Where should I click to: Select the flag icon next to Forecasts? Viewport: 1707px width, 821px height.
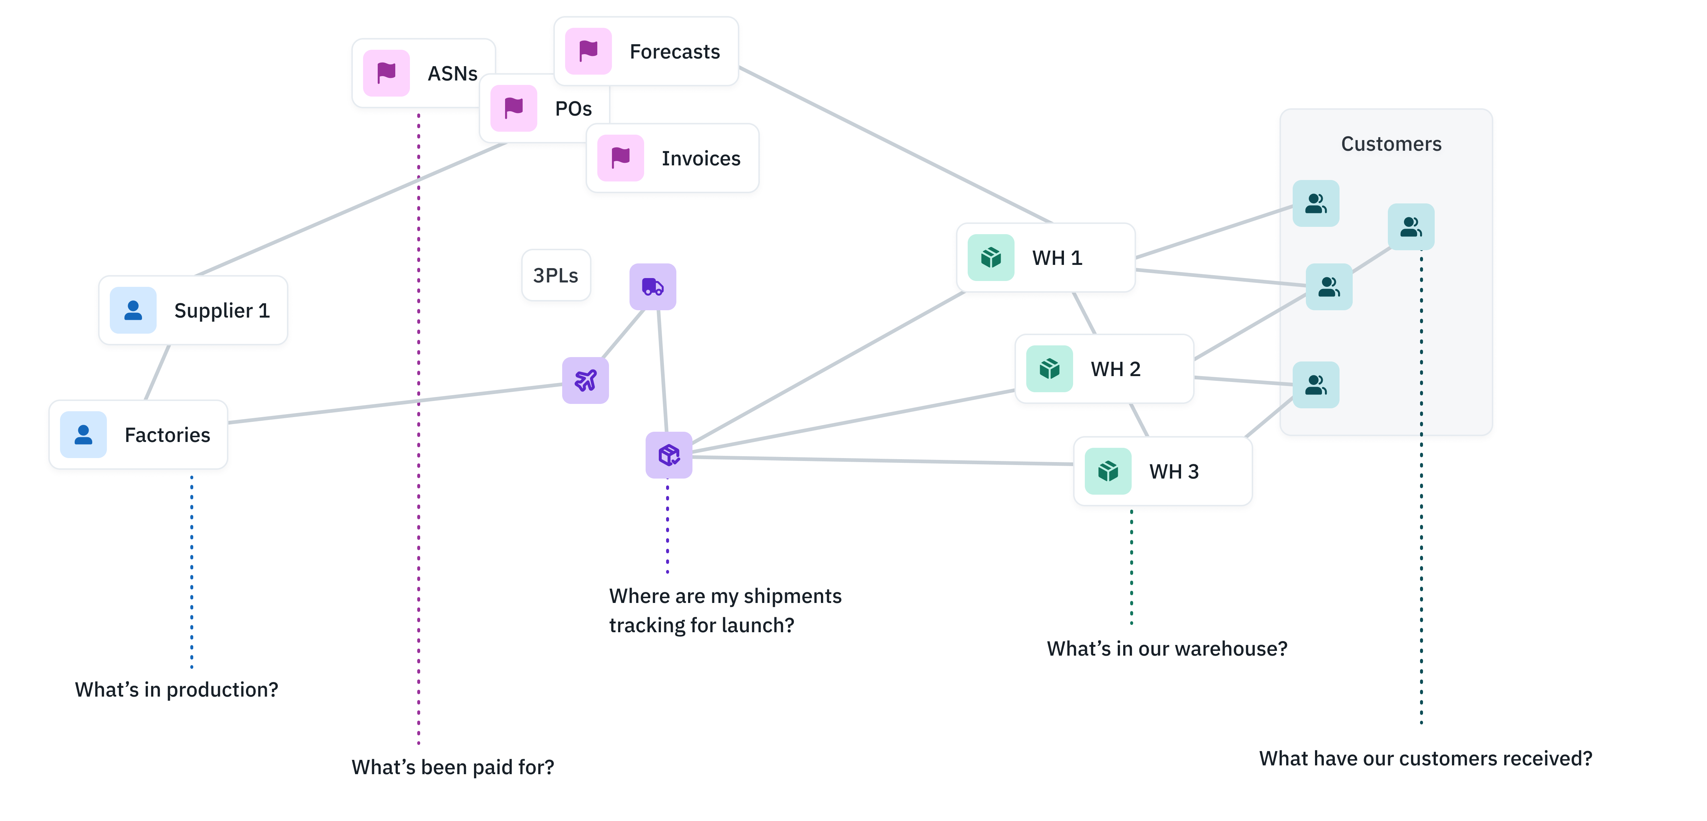(588, 51)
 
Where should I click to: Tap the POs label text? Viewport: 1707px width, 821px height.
(573, 109)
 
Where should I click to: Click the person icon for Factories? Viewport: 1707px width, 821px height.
(83, 435)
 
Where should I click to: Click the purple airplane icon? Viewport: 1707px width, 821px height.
(585, 380)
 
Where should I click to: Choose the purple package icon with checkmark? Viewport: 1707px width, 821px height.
(669, 455)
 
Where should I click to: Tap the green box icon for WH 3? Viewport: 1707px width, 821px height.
(1108, 471)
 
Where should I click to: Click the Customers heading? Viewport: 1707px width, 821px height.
(1391, 144)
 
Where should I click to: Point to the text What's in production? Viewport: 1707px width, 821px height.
(176, 690)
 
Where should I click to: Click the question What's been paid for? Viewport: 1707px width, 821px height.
(453, 767)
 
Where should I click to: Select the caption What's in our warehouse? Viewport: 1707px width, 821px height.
(1167, 649)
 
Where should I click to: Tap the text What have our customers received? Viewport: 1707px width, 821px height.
(1426, 759)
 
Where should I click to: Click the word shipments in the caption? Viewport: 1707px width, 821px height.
(792, 596)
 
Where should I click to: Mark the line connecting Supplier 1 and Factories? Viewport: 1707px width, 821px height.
(157, 372)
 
